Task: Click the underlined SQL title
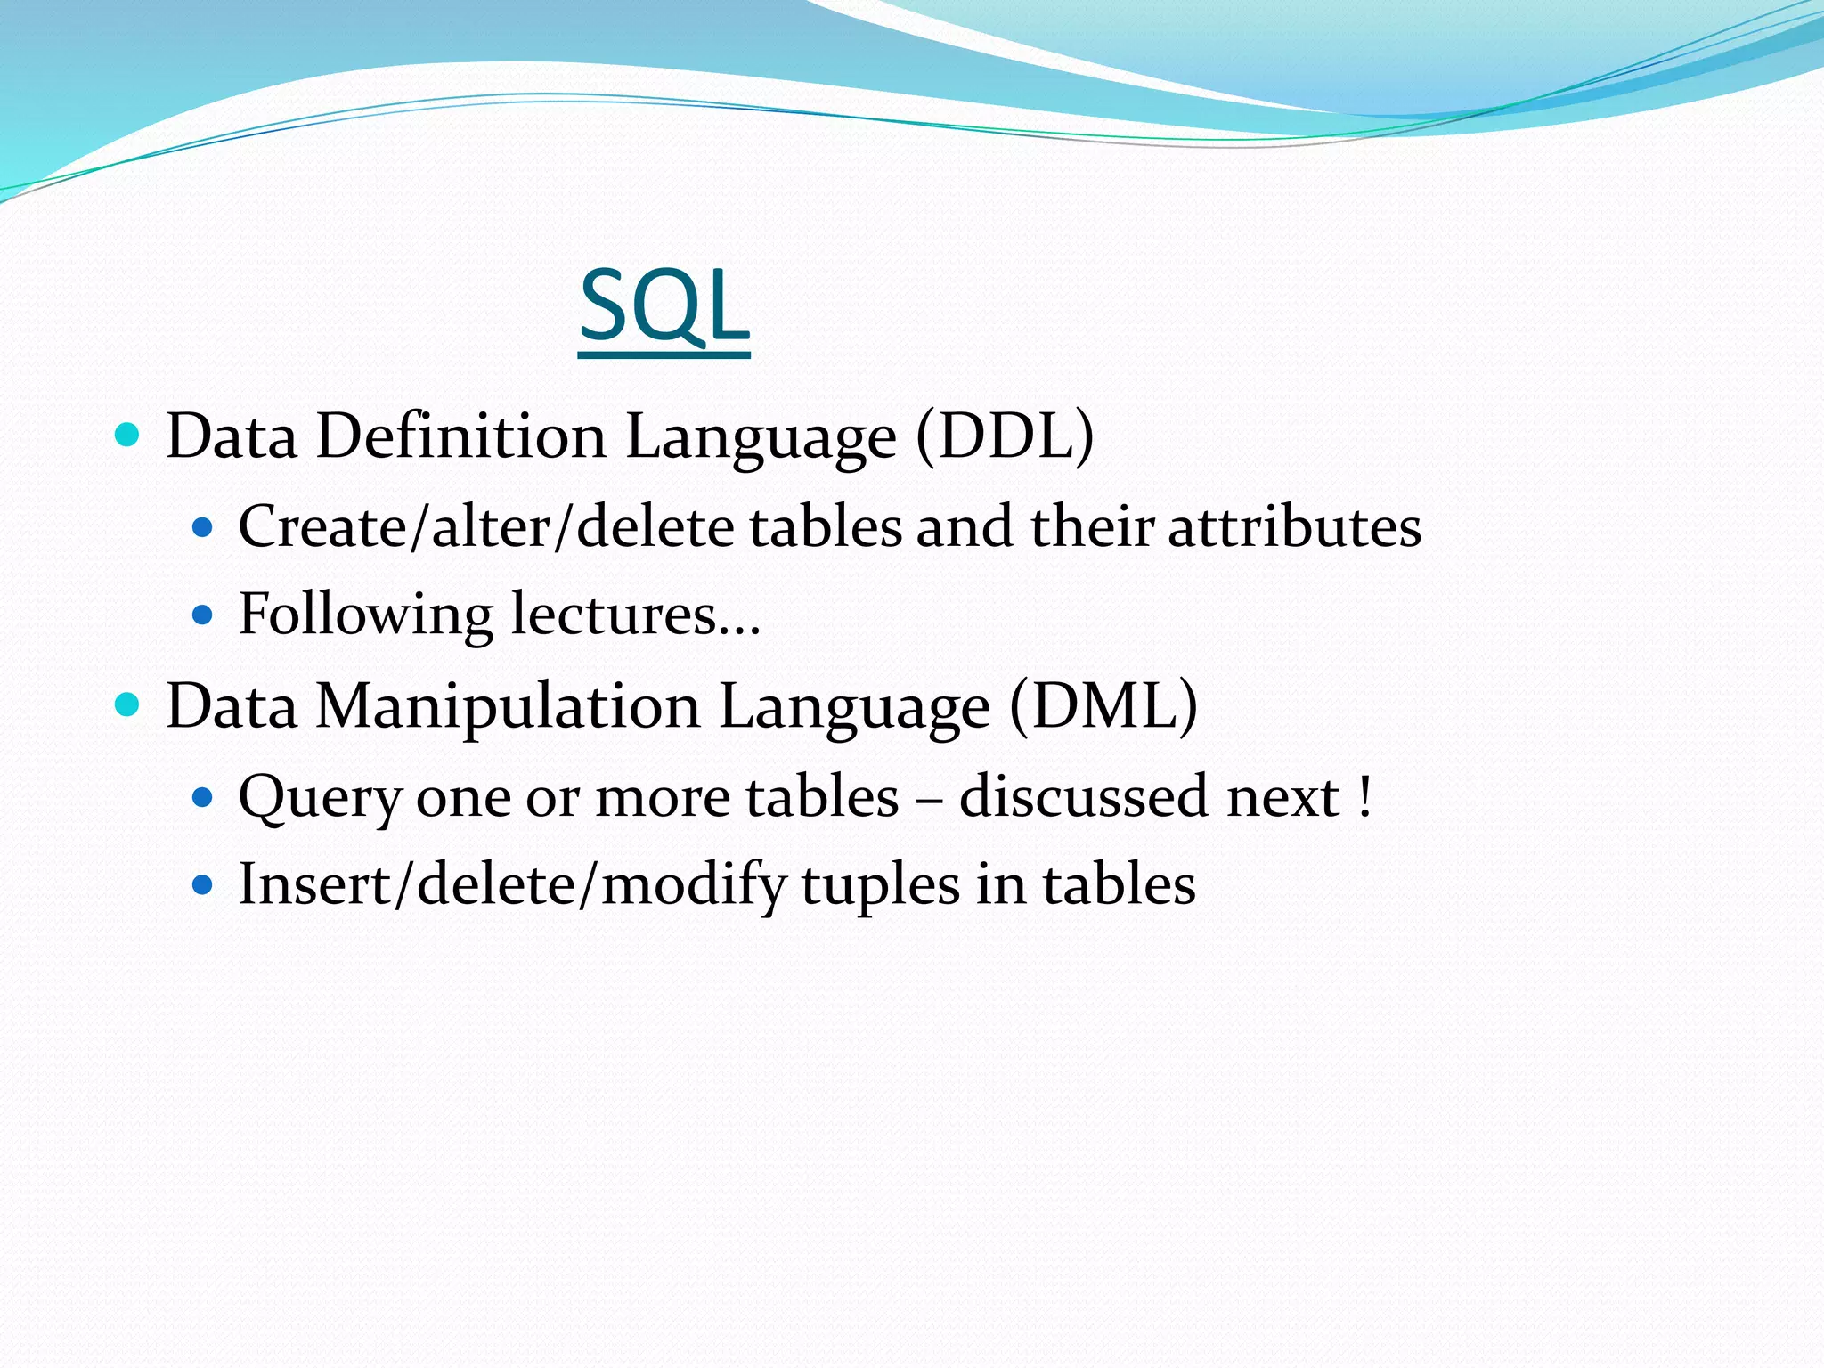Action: point(664,307)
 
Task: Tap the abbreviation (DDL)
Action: point(1005,436)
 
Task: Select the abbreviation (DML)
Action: point(1103,706)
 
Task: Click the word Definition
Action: point(460,436)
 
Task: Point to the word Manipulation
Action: point(508,706)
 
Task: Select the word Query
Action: point(320,797)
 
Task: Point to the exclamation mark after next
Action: point(1365,797)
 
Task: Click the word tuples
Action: point(881,885)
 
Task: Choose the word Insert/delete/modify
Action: point(512,885)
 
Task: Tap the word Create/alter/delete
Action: point(486,526)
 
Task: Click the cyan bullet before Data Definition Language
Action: point(128,436)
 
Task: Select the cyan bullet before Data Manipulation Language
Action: point(128,705)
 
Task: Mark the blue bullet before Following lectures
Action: point(203,615)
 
